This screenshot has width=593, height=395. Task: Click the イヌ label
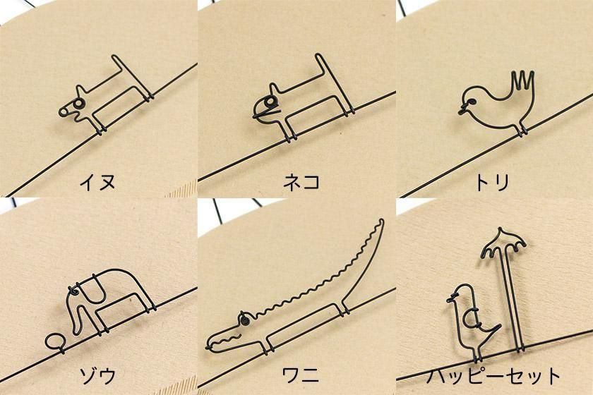pyautogui.click(x=97, y=182)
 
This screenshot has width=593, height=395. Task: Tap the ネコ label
pyautogui.click(x=301, y=182)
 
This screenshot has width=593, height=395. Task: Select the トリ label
pyautogui.click(x=491, y=182)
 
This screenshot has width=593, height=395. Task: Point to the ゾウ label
pyautogui.click(x=97, y=375)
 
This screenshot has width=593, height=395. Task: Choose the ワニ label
pyautogui.click(x=301, y=375)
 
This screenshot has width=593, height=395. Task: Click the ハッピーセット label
pyautogui.click(x=493, y=376)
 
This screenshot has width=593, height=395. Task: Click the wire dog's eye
pyautogui.click(x=78, y=103)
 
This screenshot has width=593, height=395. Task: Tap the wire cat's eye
pyautogui.click(x=270, y=102)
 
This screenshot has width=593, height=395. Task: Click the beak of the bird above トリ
pyautogui.click(x=462, y=109)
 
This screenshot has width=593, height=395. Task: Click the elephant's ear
pyautogui.click(x=92, y=288)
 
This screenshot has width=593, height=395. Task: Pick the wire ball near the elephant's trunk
pyautogui.click(x=55, y=341)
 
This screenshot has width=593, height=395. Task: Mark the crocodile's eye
pyautogui.click(x=244, y=320)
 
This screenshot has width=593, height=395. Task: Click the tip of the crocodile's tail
pyautogui.click(x=382, y=220)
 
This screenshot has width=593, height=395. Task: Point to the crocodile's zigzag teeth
pyautogui.click(x=226, y=339)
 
